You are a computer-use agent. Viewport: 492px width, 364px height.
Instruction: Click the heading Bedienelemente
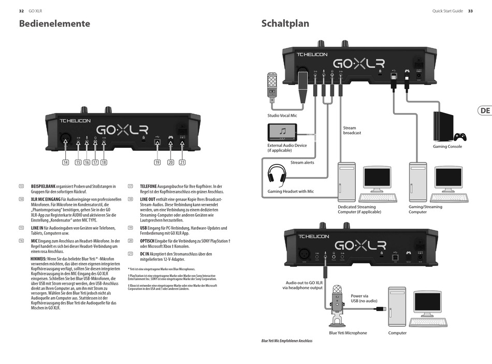point(54,24)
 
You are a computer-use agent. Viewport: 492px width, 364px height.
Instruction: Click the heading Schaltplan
point(285,24)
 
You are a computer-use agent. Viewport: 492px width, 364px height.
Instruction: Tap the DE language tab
point(485,110)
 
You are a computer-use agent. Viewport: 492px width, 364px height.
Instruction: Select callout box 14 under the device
point(65,162)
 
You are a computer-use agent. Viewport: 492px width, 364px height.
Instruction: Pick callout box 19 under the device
point(157,162)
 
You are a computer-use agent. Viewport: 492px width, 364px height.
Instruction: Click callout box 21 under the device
point(182,162)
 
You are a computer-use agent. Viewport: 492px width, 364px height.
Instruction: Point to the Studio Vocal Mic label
point(282,116)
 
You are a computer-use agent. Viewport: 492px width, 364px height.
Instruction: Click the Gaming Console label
point(447,147)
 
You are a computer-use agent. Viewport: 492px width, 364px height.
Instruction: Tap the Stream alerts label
point(302,163)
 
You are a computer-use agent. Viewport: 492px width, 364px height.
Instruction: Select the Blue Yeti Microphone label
point(348,333)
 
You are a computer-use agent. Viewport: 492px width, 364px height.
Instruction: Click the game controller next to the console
point(460,137)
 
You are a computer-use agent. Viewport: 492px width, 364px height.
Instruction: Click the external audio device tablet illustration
point(283,132)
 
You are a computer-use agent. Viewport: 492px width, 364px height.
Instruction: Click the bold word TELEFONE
point(148,186)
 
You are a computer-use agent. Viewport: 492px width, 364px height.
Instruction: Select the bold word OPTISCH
point(149,241)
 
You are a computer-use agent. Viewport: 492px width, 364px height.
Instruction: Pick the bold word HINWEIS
point(38,258)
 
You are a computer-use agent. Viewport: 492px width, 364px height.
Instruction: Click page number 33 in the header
point(470,11)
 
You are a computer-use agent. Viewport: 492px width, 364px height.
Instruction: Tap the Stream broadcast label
point(352,130)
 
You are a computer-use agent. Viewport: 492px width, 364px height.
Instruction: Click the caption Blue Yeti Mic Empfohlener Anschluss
point(287,341)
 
